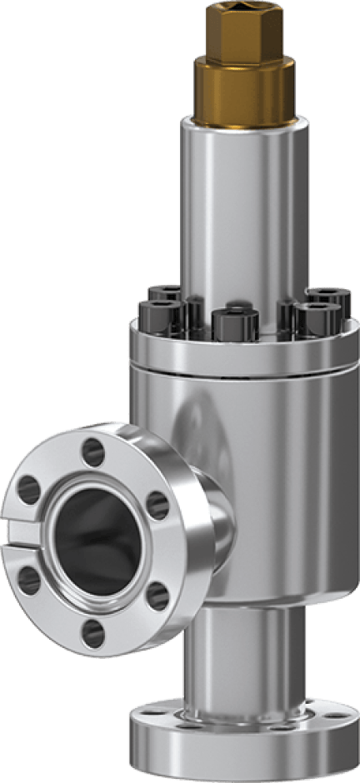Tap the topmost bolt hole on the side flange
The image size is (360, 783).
coord(93,452)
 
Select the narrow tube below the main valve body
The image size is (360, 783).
coord(242,666)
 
